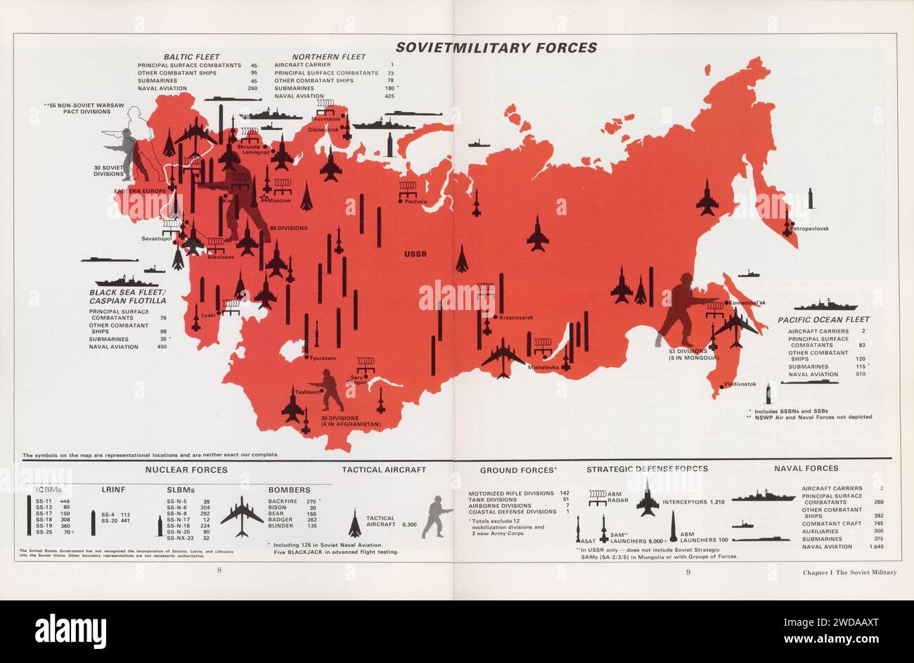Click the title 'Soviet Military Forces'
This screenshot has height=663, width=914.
(x=496, y=48)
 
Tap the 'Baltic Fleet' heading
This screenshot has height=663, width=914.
(x=191, y=57)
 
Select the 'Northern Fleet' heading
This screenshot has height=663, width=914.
(x=325, y=57)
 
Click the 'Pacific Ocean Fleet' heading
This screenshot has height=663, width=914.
(x=823, y=320)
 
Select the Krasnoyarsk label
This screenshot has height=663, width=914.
(x=517, y=318)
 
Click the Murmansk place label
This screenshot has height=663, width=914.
(x=326, y=120)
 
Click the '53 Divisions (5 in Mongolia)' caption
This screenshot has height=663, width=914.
(x=694, y=354)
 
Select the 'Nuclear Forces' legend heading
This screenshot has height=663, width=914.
(x=186, y=468)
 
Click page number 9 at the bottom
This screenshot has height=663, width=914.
(x=688, y=571)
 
